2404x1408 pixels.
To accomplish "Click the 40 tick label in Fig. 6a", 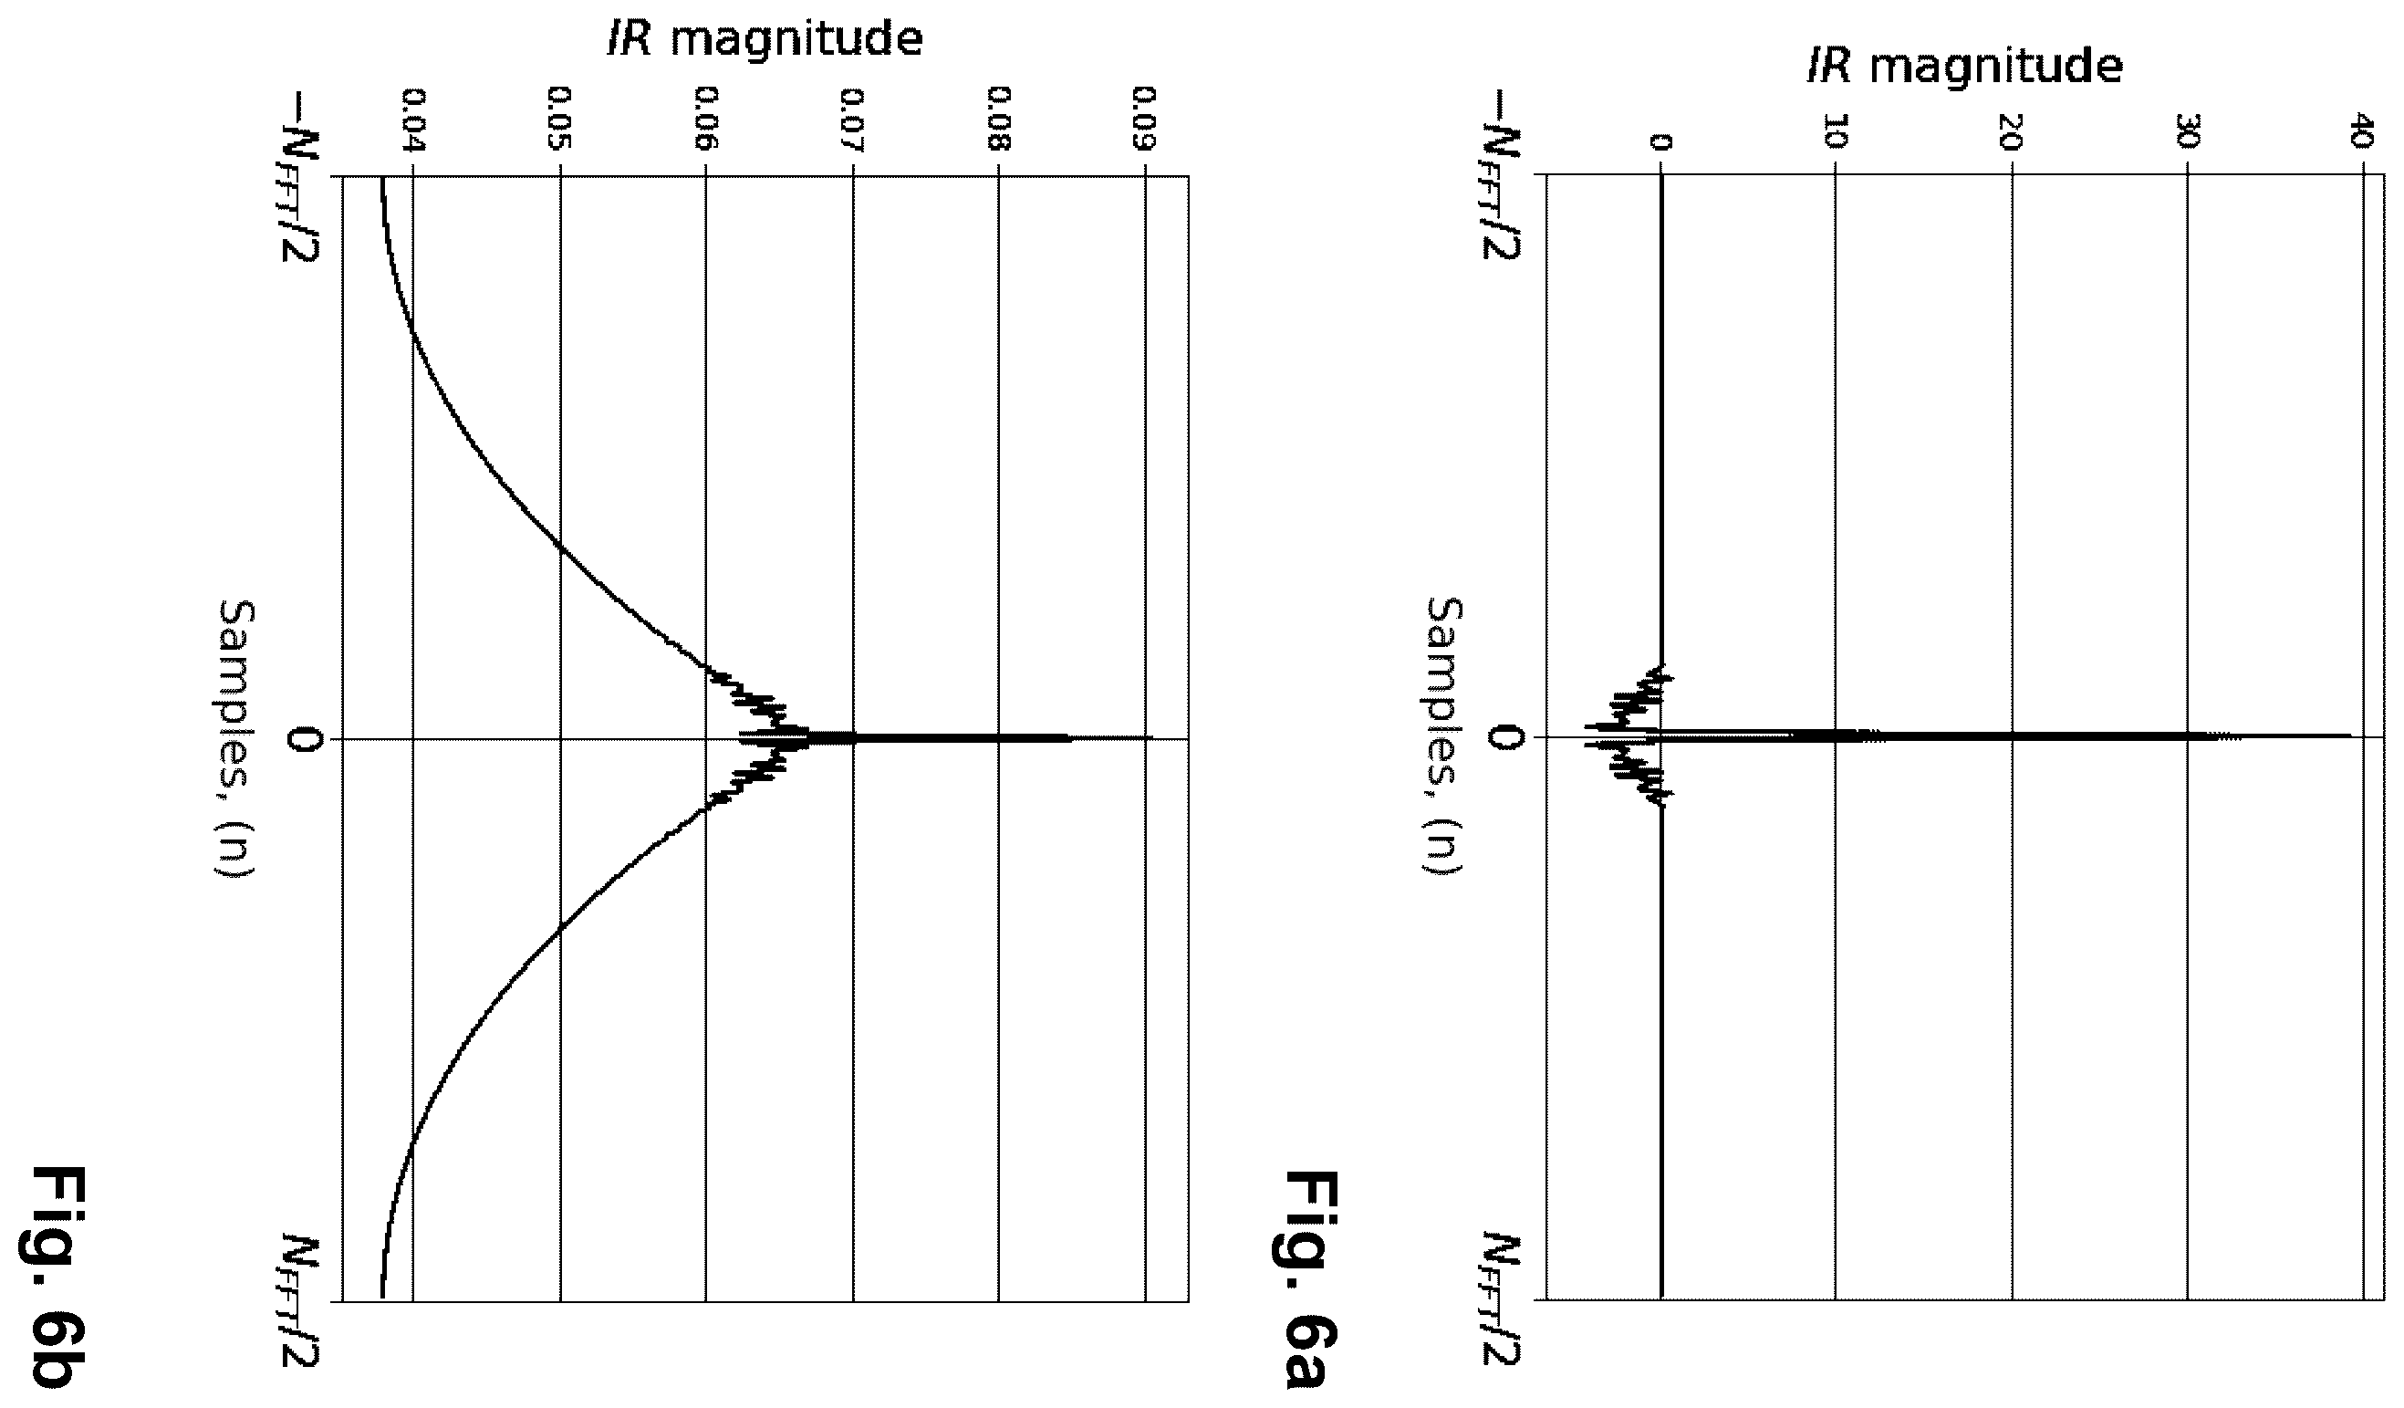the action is (2362, 132).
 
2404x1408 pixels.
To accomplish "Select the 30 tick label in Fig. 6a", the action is (2188, 132).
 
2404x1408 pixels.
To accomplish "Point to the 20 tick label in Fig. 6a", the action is (2012, 132).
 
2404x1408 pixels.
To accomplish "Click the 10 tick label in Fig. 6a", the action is (1836, 132).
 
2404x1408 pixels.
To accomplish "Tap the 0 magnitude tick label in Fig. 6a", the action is (1660, 142).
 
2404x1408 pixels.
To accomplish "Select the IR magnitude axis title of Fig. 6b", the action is (765, 41).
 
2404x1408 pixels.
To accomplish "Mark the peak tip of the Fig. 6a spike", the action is (2350, 735).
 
